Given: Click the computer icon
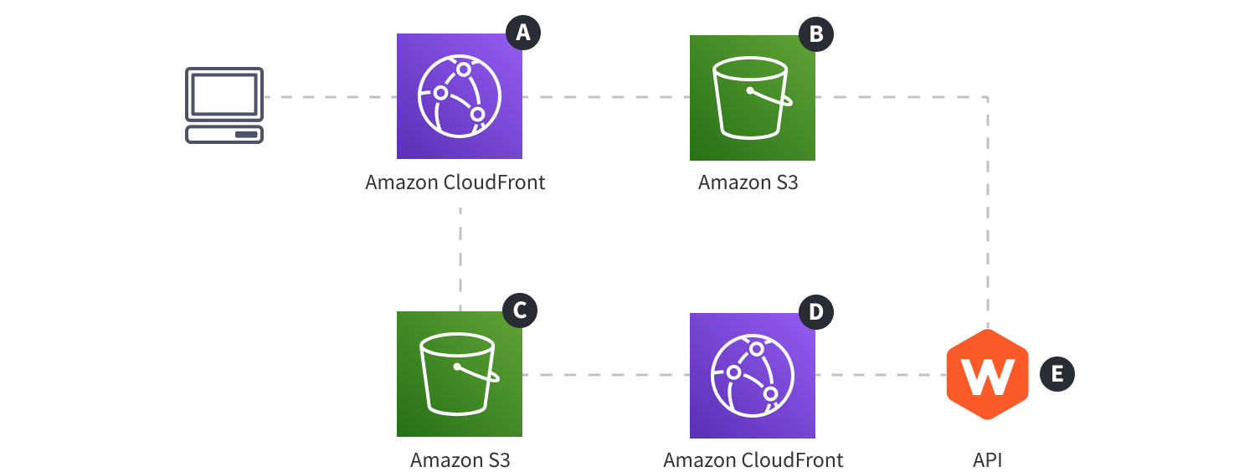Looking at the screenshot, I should (x=224, y=105).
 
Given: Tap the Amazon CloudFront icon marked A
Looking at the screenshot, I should (x=459, y=96).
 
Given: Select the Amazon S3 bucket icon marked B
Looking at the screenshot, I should (x=752, y=98).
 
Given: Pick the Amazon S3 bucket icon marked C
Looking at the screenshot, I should (x=459, y=374).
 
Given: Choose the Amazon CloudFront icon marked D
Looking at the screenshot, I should (x=752, y=375).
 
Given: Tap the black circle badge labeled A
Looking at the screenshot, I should (x=523, y=33).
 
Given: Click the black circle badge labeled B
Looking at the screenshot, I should (x=816, y=33).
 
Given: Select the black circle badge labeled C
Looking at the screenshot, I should (x=519, y=310).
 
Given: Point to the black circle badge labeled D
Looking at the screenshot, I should (x=816, y=312).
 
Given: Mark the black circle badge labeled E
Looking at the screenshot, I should (x=1057, y=374).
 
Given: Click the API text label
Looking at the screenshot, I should (x=987, y=459).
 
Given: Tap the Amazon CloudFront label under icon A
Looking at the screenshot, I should (x=455, y=182).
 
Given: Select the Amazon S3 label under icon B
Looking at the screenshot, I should (x=748, y=182).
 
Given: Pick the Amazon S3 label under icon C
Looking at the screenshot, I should (x=460, y=459).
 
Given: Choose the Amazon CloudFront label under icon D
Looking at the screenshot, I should (x=753, y=459).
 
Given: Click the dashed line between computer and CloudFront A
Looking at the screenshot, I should (x=330, y=97).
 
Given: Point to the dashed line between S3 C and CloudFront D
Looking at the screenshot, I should (x=605, y=374).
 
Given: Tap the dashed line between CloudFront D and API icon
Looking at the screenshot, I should (x=879, y=374).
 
